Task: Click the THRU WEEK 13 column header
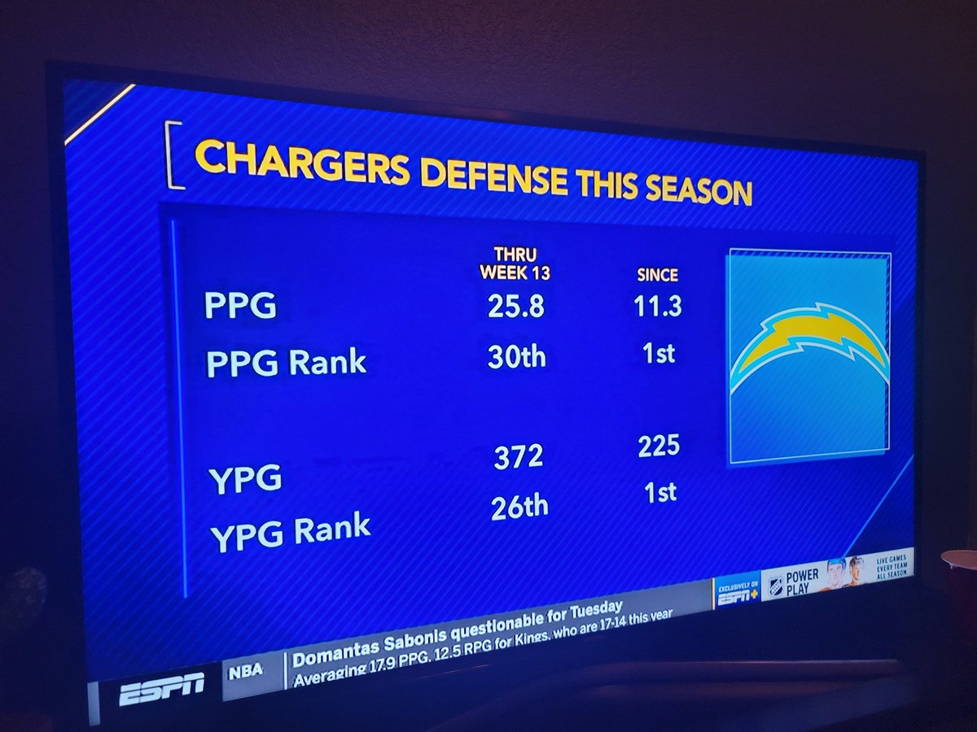pos(515,264)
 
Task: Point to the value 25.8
pos(515,307)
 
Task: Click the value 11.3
pos(657,308)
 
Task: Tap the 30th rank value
pos(516,357)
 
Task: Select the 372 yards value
pos(518,457)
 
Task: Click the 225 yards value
pos(659,447)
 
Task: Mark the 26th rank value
pos(519,508)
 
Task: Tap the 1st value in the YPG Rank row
pos(659,493)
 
